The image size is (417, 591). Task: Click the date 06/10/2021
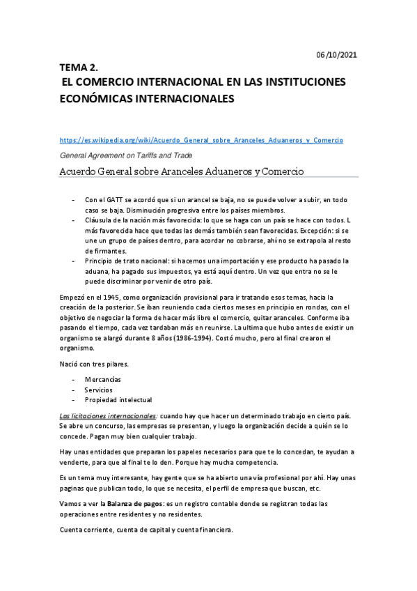click(x=338, y=54)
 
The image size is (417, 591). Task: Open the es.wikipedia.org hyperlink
click(x=201, y=140)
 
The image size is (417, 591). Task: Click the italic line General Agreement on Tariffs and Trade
click(x=126, y=155)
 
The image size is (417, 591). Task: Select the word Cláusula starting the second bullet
click(x=100, y=220)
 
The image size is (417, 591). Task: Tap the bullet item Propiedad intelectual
click(x=118, y=400)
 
